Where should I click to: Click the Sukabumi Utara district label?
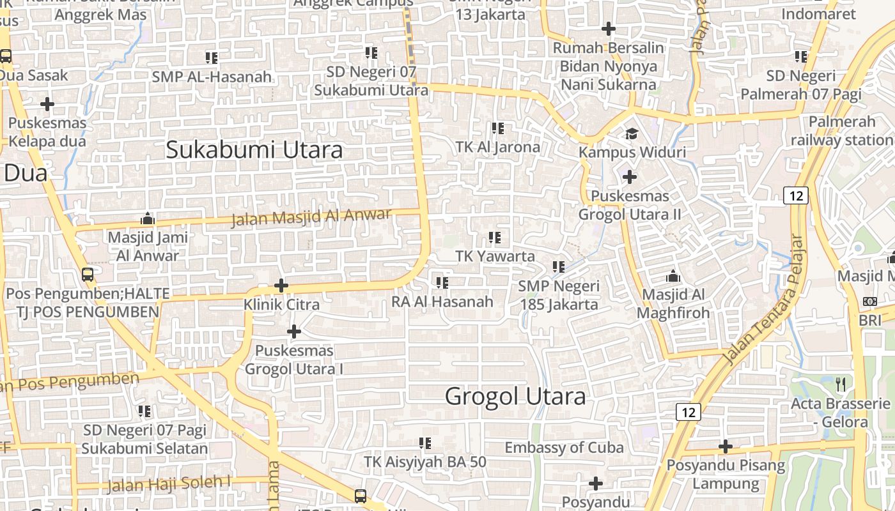254,149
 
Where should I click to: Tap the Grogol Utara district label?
515,396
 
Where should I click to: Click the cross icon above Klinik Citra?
281,286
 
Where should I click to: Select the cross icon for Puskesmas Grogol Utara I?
294,332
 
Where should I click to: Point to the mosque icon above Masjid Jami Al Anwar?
148,219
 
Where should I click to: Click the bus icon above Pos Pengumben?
88,275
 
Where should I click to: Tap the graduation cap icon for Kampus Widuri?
632,133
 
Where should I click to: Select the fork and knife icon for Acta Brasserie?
841,384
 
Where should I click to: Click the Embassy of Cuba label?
564,447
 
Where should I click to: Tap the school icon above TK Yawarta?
495,238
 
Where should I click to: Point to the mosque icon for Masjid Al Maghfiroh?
673,277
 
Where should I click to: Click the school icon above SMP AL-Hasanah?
212,58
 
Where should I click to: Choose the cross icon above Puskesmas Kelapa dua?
47,103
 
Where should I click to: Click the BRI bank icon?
869,301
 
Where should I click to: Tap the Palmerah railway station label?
841,131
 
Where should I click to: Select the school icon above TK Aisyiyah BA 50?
424,443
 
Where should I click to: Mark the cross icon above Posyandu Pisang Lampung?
726,446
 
